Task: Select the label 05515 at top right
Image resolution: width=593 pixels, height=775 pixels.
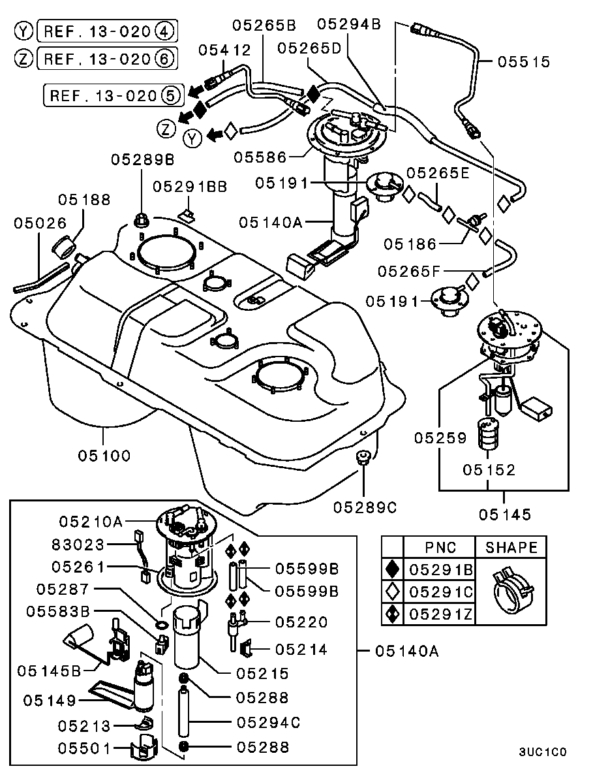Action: pyautogui.click(x=524, y=62)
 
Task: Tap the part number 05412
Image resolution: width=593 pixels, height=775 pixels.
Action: pyautogui.click(x=224, y=49)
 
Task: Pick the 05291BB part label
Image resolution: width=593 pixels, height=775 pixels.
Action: pyautogui.click(x=190, y=187)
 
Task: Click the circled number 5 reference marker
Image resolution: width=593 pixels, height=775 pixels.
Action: pyautogui.click(x=170, y=95)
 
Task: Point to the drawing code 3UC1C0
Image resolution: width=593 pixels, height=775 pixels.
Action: pyautogui.click(x=543, y=752)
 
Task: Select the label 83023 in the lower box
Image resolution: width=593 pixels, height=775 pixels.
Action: pyautogui.click(x=78, y=543)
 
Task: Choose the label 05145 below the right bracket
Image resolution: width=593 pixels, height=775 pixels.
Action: pyautogui.click(x=504, y=514)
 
